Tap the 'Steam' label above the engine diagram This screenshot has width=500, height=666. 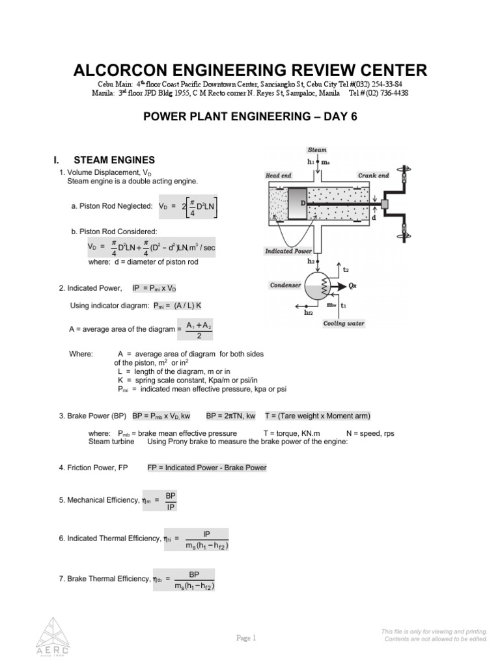coord(317,150)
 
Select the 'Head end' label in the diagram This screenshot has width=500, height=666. coord(279,176)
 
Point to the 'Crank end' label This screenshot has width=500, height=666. coord(373,176)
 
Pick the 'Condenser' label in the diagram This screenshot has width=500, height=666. coord(285,285)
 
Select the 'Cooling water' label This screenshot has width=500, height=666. coord(344,323)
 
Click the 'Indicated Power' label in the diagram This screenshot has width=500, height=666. coord(288,250)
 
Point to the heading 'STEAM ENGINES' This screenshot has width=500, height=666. coord(114,160)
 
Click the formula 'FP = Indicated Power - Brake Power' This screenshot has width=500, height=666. coord(206,468)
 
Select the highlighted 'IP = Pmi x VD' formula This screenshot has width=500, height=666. coord(159,287)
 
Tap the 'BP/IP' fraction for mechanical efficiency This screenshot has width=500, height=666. coord(170,501)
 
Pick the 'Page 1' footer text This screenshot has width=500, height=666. coord(247,638)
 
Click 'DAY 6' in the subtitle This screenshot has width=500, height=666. coord(336,116)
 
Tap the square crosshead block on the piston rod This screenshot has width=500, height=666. coord(384,204)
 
